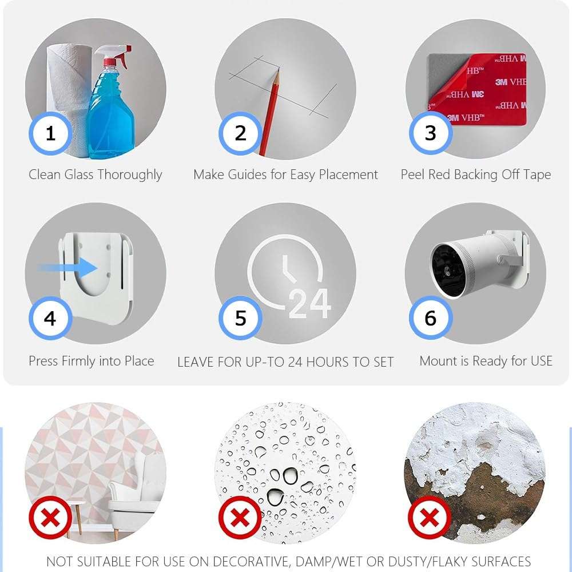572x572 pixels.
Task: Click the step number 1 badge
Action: (50, 133)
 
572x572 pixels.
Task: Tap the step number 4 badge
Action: (50, 317)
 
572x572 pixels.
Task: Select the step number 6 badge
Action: (431, 317)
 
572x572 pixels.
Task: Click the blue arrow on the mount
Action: (67, 268)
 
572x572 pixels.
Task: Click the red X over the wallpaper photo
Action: (50, 517)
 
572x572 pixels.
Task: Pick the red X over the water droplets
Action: (240, 517)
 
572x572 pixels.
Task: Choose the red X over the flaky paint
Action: (430, 517)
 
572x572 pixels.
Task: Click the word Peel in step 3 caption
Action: (412, 174)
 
